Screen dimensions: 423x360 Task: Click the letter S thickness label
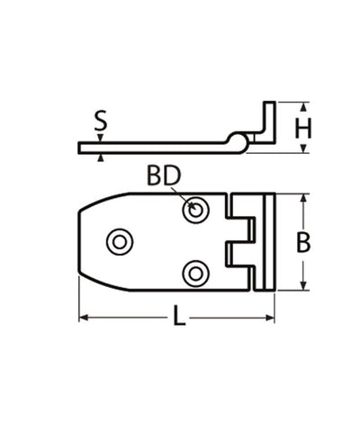point(102,121)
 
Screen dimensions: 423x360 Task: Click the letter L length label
point(178,319)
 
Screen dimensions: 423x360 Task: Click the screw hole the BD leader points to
point(193,211)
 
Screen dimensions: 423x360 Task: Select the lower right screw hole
point(193,271)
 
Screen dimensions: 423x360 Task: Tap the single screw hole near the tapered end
point(119,240)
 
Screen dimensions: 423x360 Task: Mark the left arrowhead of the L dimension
point(84,318)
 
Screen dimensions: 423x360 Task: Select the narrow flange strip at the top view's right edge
point(266,241)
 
